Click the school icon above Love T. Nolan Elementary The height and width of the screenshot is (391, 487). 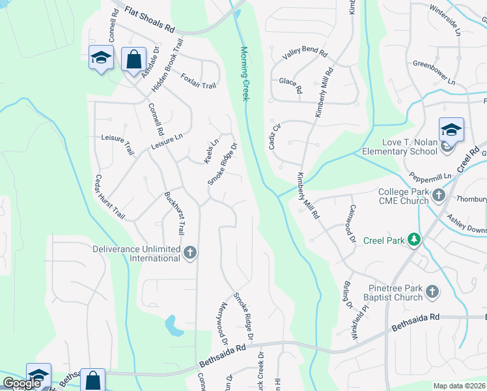451,130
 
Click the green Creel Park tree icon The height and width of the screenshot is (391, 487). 413,240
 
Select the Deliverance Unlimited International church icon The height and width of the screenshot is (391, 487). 190,253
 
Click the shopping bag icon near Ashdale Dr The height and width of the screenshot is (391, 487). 133,59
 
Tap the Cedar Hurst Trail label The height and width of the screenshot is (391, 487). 109,196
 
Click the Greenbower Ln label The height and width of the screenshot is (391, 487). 434,72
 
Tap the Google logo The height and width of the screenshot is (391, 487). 22,384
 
